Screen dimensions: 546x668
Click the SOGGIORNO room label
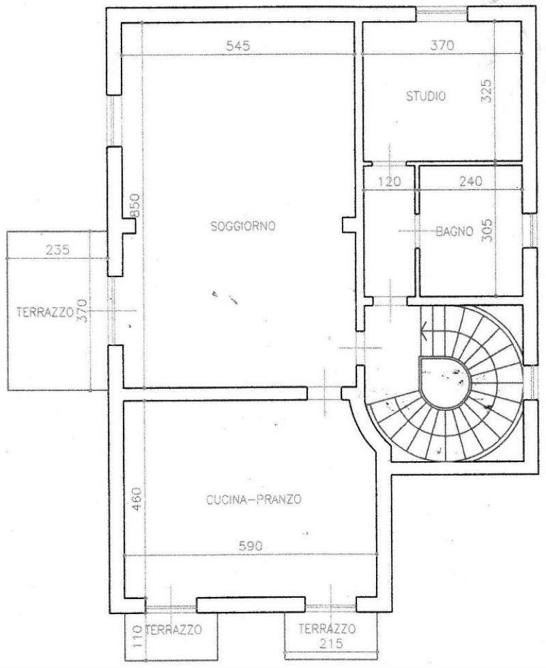tap(243, 227)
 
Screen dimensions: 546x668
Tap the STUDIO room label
tap(426, 96)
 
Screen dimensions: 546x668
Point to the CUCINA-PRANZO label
tap(254, 499)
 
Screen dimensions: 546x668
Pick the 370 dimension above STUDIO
tap(442, 45)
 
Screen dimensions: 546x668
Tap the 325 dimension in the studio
tap(487, 91)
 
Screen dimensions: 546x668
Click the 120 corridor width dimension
tap(389, 181)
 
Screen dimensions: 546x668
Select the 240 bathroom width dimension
tap(470, 181)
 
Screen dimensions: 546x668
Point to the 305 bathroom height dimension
tap(487, 231)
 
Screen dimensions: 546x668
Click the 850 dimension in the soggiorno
tap(134, 206)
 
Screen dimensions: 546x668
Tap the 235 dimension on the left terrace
tap(57, 249)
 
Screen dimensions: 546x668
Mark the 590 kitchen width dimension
tap(250, 546)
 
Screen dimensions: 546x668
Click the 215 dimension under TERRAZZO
tap(330, 643)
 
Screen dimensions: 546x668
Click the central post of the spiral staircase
tap(446, 382)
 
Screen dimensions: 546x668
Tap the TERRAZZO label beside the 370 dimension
tap(45, 313)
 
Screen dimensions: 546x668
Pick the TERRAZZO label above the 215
tap(327, 628)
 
